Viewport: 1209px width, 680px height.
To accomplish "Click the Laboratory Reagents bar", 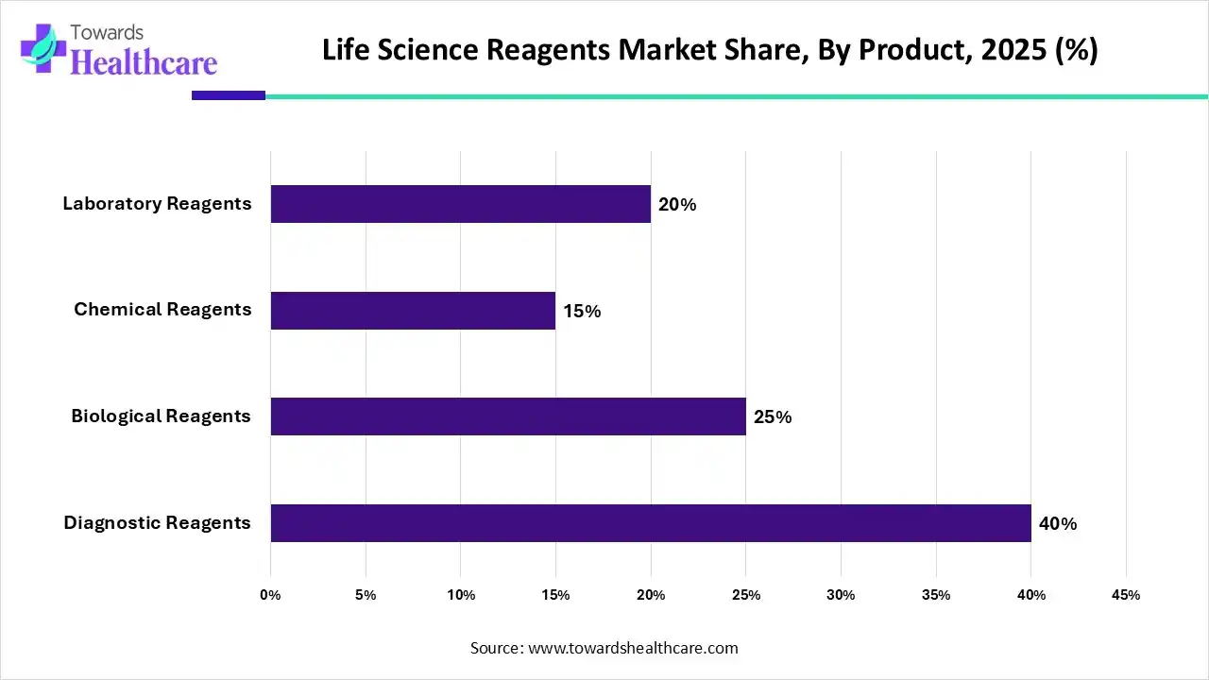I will pos(461,204).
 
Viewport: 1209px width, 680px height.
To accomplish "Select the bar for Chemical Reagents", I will pos(413,311).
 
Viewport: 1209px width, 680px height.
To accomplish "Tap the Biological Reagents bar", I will pos(508,416).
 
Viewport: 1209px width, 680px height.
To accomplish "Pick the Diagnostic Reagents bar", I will pos(651,523).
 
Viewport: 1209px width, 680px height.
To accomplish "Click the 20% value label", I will pos(677,204).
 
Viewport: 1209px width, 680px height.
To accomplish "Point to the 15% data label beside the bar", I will pos(582,311).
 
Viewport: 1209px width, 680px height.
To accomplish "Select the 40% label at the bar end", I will pos(1058,523).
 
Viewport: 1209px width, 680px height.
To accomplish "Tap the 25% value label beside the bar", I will pos(773,416).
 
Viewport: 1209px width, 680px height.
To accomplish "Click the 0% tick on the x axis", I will pos(270,595).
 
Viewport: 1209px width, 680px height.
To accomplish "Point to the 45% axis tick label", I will pos(1126,595).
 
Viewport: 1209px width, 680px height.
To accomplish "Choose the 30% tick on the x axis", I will pos(841,595).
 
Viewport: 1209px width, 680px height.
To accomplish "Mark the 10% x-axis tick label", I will pos(461,595).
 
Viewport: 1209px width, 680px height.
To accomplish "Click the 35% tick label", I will pos(936,595).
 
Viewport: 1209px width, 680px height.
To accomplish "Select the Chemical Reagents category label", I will pos(162,310).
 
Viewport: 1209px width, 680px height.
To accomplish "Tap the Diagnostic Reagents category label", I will pos(157,522).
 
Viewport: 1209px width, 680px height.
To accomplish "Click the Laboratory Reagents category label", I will pos(157,203).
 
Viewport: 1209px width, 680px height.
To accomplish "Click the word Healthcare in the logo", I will pos(144,62).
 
